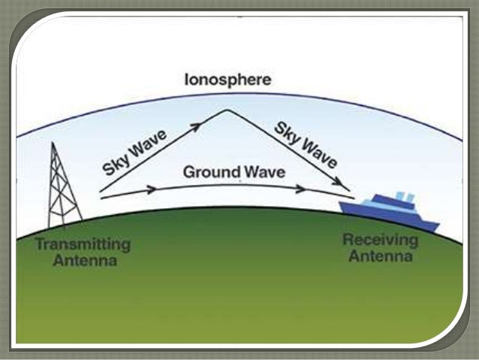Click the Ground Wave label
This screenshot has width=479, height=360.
(233, 172)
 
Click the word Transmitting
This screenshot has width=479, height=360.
(83, 246)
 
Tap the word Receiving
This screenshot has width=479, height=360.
(378, 241)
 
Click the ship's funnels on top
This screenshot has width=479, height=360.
(403, 197)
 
